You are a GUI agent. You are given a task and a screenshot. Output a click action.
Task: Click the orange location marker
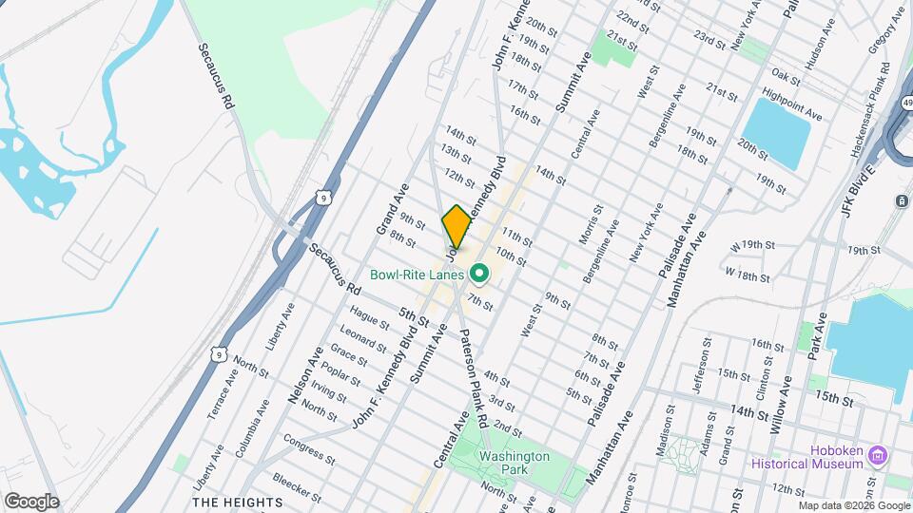[456, 226]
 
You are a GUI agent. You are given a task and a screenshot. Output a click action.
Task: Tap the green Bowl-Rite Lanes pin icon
[480, 275]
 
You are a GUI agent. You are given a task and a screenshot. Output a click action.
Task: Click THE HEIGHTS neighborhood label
[238, 502]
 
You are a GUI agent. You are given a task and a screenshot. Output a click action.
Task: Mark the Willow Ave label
[778, 404]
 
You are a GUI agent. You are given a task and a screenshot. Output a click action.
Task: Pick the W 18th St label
[747, 275]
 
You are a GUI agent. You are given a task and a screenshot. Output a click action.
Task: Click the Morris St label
[591, 223]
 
